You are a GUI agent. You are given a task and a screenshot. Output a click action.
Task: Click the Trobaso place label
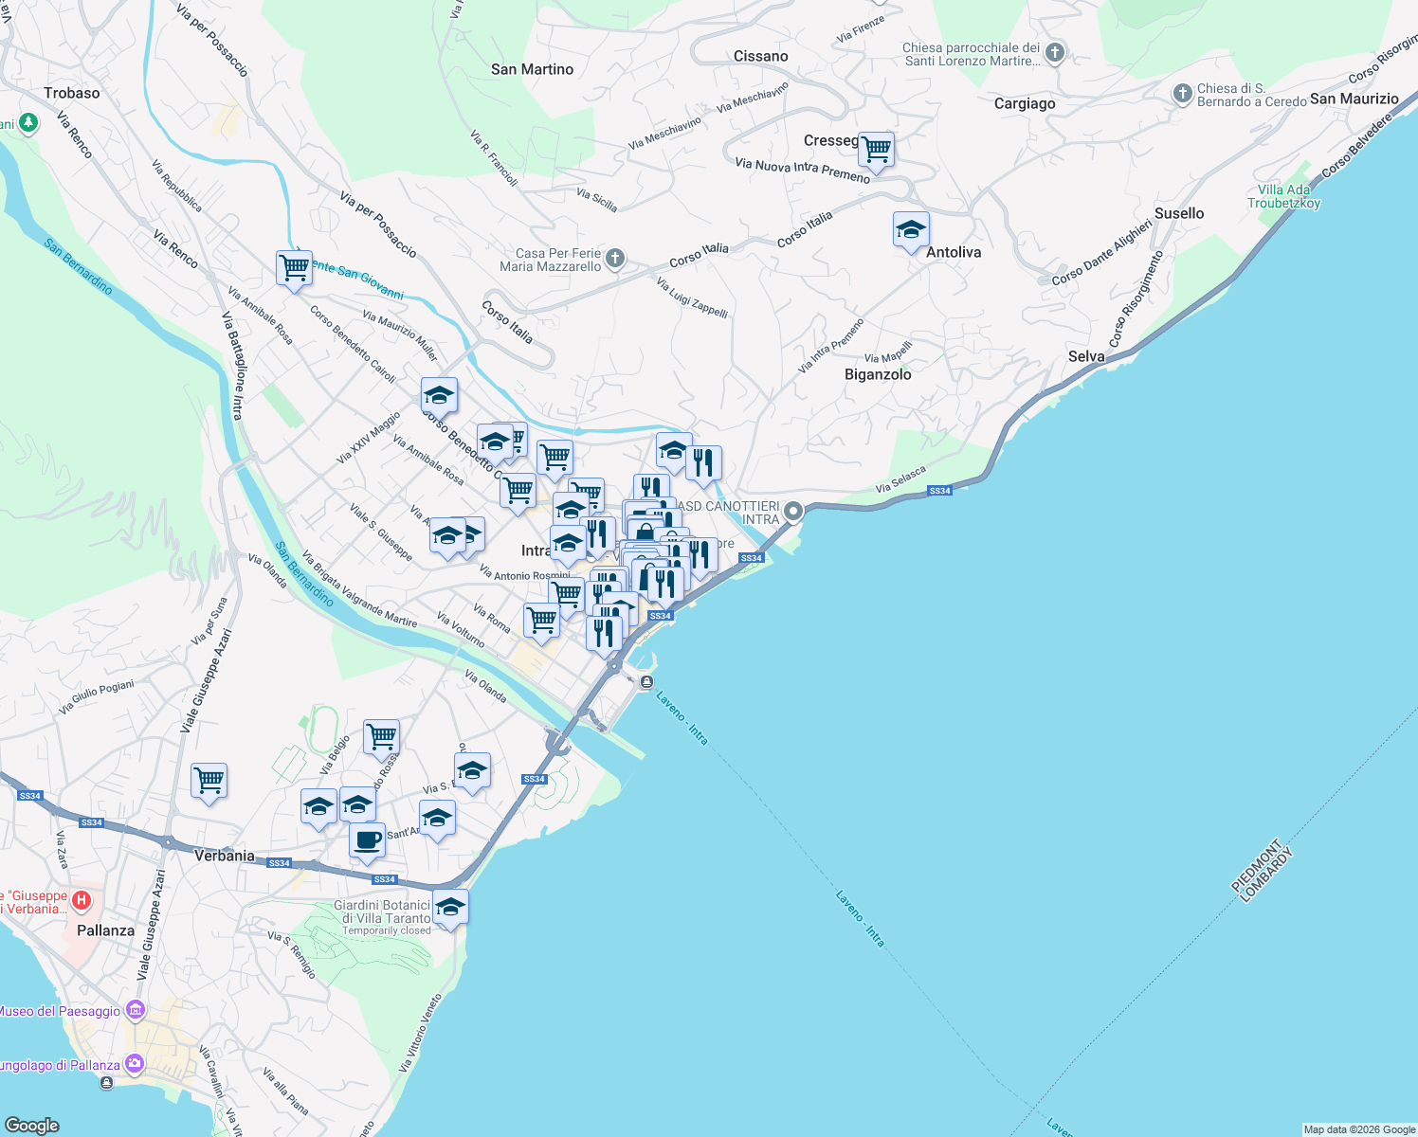[x=71, y=93]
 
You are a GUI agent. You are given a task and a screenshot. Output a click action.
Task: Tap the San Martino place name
[x=532, y=69]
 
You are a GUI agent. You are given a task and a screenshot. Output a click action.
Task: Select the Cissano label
[x=760, y=56]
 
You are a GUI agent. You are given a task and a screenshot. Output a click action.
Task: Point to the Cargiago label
[x=1024, y=103]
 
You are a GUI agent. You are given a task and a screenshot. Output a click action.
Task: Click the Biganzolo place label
[x=878, y=374]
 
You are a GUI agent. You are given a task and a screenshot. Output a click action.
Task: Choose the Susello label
[x=1178, y=213]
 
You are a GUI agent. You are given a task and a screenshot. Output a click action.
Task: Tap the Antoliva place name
[x=953, y=252]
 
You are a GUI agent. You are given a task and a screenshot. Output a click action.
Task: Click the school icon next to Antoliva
[x=911, y=230]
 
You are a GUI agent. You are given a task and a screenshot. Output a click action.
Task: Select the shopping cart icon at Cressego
[x=877, y=150]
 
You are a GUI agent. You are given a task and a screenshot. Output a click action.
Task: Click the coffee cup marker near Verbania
[x=367, y=839]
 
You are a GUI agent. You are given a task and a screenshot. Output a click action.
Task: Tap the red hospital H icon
[x=82, y=899]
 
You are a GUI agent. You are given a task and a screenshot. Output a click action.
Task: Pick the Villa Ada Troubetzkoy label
[x=1283, y=196]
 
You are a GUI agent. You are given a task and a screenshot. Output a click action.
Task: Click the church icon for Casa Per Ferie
[x=615, y=259]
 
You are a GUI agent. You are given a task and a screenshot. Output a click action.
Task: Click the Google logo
[x=32, y=1125]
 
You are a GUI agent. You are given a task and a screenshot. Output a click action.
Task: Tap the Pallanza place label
[x=105, y=930]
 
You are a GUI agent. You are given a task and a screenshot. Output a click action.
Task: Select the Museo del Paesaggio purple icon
[x=135, y=1011]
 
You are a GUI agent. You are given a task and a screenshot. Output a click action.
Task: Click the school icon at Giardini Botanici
[x=450, y=908]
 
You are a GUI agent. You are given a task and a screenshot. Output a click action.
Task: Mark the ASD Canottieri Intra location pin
[x=792, y=512]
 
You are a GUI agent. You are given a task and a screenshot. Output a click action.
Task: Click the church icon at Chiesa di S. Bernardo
[x=1182, y=93]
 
